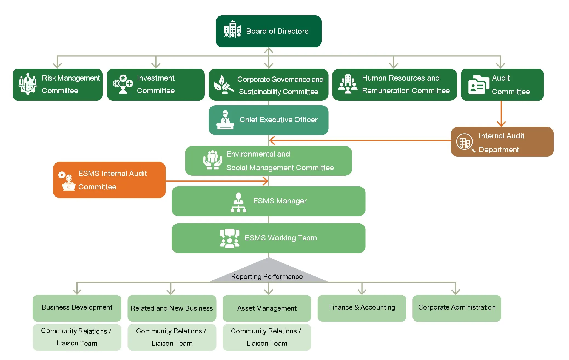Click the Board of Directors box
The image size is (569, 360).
click(x=268, y=31)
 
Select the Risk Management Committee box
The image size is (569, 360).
click(x=58, y=84)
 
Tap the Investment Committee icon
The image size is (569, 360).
click(x=123, y=84)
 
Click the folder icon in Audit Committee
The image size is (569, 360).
click(x=478, y=85)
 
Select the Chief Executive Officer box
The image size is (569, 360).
click(x=268, y=120)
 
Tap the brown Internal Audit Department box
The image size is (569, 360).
click(x=502, y=142)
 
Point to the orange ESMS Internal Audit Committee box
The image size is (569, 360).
click(x=109, y=180)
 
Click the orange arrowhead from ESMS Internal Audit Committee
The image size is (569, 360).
click(x=265, y=181)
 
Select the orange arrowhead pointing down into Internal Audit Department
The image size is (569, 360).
click(x=501, y=124)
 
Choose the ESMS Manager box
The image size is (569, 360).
click(x=268, y=201)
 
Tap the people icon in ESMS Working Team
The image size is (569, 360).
click(x=229, y=238)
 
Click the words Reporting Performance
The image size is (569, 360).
click(x=267, y=276)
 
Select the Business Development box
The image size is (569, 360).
click(x=77, y=308)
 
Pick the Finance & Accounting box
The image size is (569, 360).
click(x=362, y=308)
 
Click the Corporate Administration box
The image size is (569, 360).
click(x=457, y=308)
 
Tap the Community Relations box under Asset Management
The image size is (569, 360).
click(x=267, y=337)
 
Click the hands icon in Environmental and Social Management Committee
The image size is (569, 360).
click(x=212, y=160)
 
